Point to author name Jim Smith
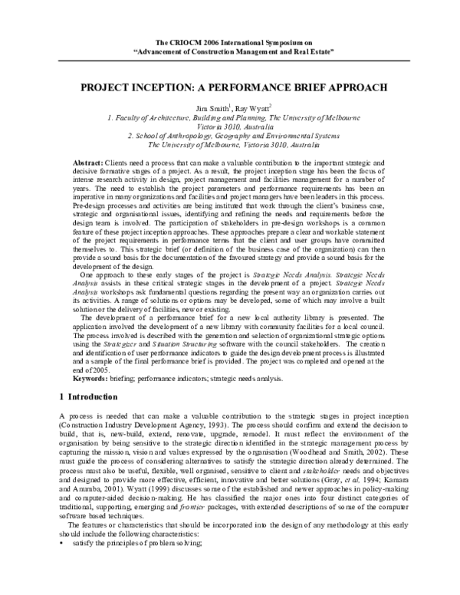[211, 109]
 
